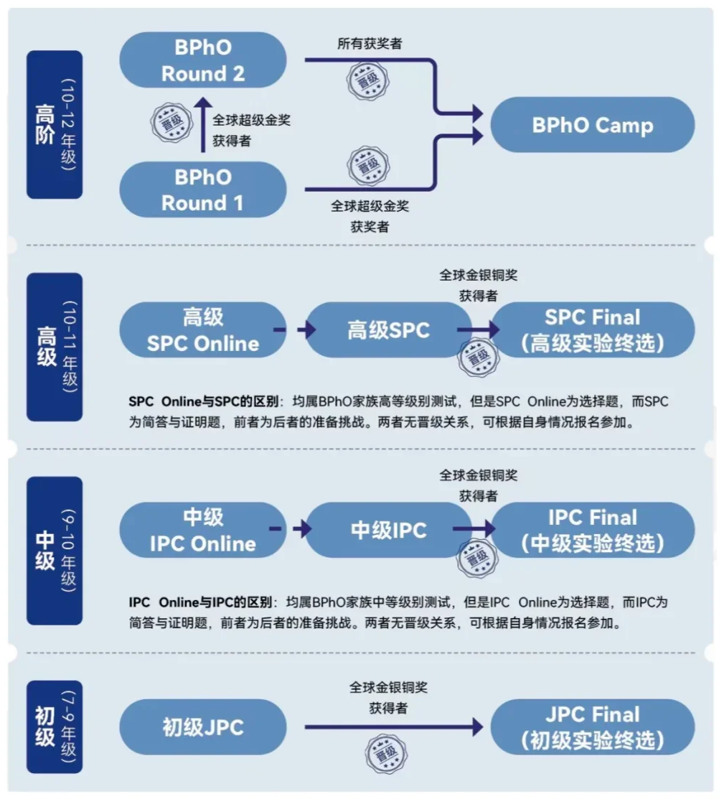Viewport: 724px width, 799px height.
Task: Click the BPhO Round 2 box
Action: [203, 60]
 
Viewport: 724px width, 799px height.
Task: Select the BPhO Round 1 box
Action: [203, 190]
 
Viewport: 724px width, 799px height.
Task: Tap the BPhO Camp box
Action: [592, 125]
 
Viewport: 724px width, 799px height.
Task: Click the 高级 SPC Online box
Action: [203, 330]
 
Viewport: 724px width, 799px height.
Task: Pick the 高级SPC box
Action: [388, 330]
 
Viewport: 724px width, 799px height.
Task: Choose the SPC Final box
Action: [592, 330]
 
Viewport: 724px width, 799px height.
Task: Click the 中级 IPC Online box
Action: [203, 531]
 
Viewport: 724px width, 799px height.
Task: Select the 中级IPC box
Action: [388, 531]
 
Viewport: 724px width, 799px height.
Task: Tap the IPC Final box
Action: [592, 531]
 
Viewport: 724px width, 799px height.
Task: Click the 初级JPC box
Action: [203, 727]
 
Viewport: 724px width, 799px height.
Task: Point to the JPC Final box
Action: [592, 727]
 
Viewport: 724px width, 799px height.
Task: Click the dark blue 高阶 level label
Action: [55, 125]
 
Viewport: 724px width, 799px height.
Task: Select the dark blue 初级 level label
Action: [55, 726]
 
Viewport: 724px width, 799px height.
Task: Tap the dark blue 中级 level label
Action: [55, 551]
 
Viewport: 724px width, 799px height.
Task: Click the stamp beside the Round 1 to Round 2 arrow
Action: [171, 121]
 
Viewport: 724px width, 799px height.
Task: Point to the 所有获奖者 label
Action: [370, 44]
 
